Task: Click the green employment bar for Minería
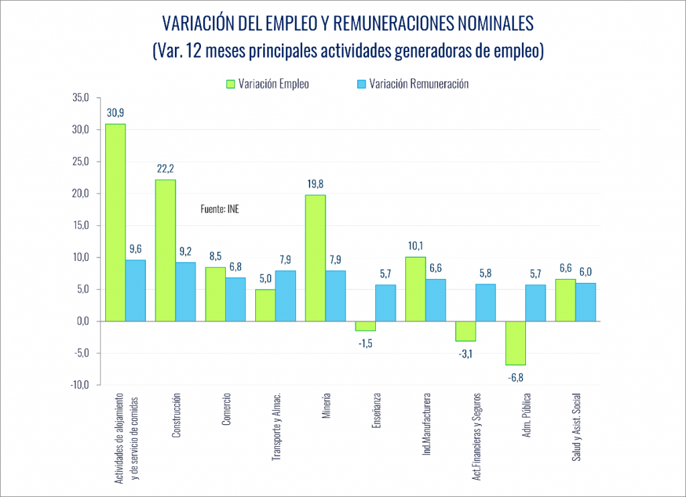click(315, 258)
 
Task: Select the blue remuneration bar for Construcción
click(186, 292)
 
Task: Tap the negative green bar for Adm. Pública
click(515, 343)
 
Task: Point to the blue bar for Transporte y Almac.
click(285, 296)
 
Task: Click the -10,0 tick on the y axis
click(79, 385)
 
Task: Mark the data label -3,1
click(465, 354)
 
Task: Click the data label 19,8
click(315, 183)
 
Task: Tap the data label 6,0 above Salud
click(586, 272)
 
